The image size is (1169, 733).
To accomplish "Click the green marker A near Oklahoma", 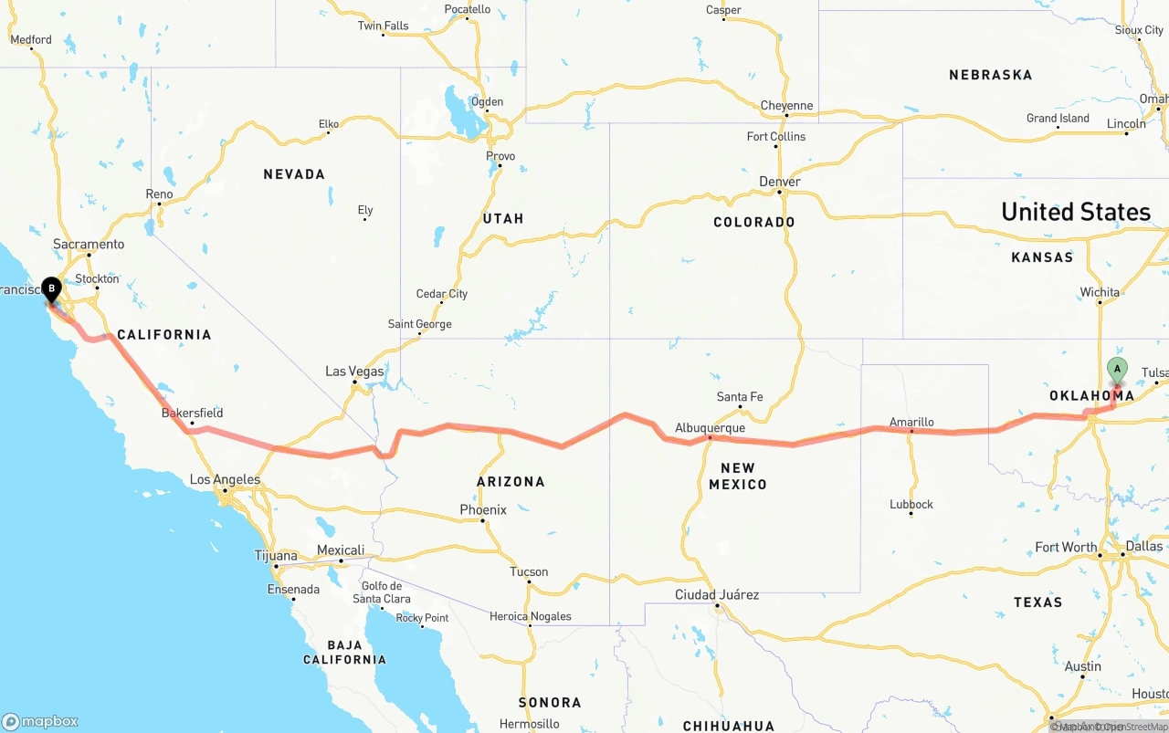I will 1116,370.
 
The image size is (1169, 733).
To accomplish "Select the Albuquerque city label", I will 710,427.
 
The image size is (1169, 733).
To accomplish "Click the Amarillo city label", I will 911,422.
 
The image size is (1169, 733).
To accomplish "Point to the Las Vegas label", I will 354,372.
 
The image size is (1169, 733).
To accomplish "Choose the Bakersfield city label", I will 192,413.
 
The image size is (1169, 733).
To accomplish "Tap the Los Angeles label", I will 225,479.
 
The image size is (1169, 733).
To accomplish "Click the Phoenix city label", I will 483,509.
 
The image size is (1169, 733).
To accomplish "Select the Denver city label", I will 779,182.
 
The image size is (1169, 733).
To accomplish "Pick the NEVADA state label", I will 294,173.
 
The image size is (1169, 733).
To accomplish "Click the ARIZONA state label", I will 511,481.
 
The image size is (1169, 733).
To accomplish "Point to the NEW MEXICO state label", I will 737,476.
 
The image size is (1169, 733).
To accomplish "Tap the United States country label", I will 1075,212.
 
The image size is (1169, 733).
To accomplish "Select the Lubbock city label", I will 911,504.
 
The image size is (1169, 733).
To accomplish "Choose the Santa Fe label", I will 739,397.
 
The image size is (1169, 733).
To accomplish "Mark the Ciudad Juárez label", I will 717,594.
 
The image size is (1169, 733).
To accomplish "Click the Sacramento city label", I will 89,244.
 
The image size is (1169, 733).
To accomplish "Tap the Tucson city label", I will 529,572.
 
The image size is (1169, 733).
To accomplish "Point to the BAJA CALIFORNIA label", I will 344,652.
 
